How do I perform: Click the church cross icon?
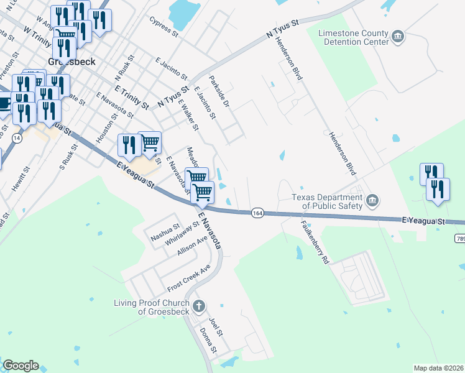point(199,305)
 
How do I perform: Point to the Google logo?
point(21,366)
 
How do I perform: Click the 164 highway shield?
point(257,213)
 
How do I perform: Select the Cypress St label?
point(163,27)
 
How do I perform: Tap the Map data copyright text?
point(439,368)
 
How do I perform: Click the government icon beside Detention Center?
point(398,37)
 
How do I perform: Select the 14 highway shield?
point(16,138)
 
